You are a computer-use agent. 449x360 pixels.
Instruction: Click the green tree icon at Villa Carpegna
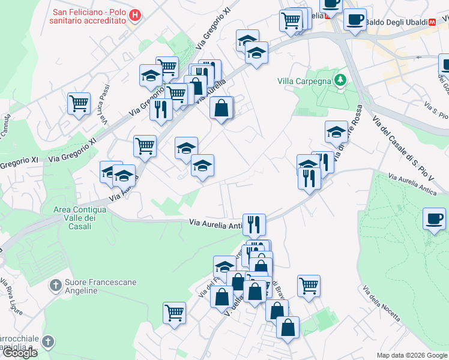point(341,80)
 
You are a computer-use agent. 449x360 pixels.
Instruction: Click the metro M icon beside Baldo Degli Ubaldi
point(432,22)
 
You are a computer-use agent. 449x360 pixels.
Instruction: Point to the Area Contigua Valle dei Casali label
point(80,214)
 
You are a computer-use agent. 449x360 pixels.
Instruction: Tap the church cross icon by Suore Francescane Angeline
point(55,284)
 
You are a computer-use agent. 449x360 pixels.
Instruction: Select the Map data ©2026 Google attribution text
point(412,355)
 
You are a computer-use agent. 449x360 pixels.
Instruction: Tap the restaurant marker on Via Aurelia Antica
point(254,224)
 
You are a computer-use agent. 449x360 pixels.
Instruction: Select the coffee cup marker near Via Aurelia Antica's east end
point(434,218)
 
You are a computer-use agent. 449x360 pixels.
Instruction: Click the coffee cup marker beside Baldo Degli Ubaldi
point(355,19)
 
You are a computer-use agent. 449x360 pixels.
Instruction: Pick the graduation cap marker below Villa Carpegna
point(336,131)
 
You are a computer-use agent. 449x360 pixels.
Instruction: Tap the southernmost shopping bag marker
point(288,327)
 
